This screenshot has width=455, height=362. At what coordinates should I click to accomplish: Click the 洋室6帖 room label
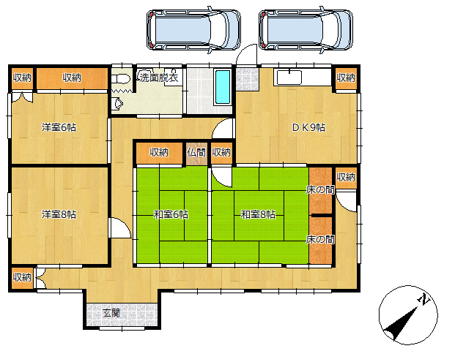tap(59, 127)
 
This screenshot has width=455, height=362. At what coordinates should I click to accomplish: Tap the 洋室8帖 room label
tap(59, 214)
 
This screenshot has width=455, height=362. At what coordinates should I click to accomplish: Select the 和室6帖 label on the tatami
tap(171, 214)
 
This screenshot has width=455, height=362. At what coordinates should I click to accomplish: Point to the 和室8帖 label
tap(258, 214)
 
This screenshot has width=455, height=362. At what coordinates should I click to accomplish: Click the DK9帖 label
tap(308, 127)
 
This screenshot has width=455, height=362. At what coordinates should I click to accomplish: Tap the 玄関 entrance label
tap(111, 313)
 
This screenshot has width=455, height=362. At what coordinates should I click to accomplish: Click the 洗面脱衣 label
tap(159, 78)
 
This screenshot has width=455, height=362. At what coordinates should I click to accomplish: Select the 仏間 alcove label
tap(196, 152)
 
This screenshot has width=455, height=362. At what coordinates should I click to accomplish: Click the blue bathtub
tap(223, 87)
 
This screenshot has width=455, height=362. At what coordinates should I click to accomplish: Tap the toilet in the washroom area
tap(120, 79)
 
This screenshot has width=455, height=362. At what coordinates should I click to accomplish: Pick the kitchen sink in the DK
tap(289, 78)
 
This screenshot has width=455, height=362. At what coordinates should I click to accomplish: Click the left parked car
tap(193, 30)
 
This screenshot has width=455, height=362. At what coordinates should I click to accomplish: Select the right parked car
tap(306, 30)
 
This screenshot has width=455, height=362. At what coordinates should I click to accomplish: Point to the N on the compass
tap(423, 299)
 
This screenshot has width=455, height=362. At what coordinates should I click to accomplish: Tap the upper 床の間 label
tap(320, 190)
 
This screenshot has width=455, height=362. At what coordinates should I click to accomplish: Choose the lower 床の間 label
tap(320, 239)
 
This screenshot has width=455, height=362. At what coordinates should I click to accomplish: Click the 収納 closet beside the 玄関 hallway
tap(22, 277)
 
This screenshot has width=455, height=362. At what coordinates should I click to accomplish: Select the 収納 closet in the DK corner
tap(346, 78)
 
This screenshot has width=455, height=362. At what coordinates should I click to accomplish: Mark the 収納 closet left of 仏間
tap(159, 152)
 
